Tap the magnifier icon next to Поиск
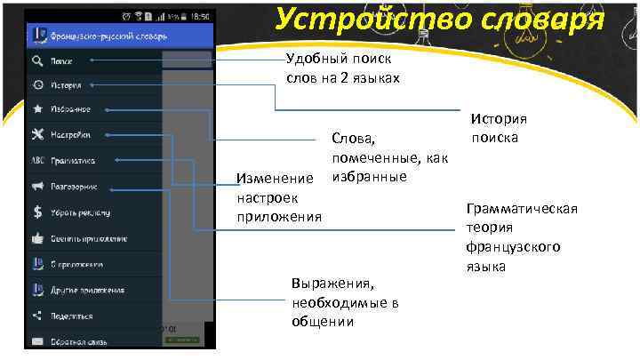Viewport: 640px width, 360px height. pyautogui.click(x=37, y=61)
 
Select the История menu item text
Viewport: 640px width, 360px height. pyautogui.click(x=67, y=86)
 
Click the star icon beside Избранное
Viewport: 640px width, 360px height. pyautogui.click(x=37, y=110)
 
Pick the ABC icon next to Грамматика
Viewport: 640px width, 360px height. pyautogui.click(x=37, y=161)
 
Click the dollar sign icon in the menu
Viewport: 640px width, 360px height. pyautogui.click(x=37, y=212)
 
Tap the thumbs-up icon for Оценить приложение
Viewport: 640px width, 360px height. pyautogui.click(x=37, y=238)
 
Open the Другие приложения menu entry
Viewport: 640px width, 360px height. pyautogui.click(x=86, y=290)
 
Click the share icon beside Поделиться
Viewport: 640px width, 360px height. pyautogui.click(x=37, y=316)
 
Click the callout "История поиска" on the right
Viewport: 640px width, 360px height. pyautogui.click(x=500, y=129)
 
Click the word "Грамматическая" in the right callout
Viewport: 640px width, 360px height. pyautogui.click(x=521, y=209)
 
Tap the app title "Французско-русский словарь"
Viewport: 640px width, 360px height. pyautogui.click(x=109, y=36)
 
